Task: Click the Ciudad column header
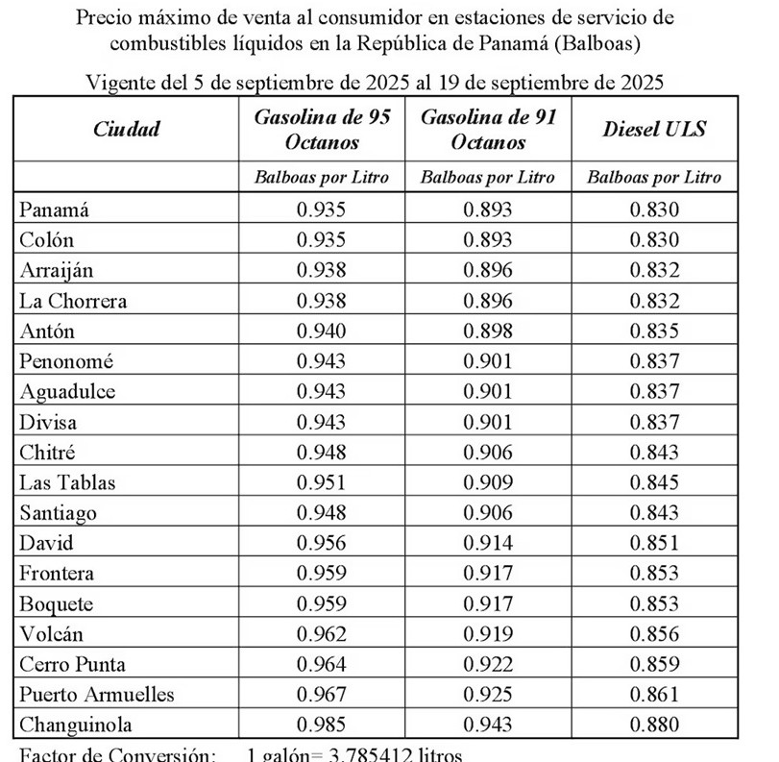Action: (x=128, y=129)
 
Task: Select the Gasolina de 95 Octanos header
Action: (x=322, y=129)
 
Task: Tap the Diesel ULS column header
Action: (x=654, y=129)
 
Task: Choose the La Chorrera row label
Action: (x=73, y=301)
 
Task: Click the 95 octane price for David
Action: (x=322, y=543)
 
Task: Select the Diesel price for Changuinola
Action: (x=654, y=725)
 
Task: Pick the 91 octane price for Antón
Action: (x=488, y=332)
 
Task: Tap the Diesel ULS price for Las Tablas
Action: (x=654, y=482)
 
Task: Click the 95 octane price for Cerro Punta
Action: (x=322, y=664)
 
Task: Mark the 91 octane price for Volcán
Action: (x=488, y=634)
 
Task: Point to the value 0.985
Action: (x=322, y=725)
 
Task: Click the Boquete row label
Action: (x=57, y=603)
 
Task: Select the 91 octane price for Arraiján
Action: (x=488, y=271)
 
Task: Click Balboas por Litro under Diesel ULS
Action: (x=654, y=177)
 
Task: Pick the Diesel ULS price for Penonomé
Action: (x=654, y=361)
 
